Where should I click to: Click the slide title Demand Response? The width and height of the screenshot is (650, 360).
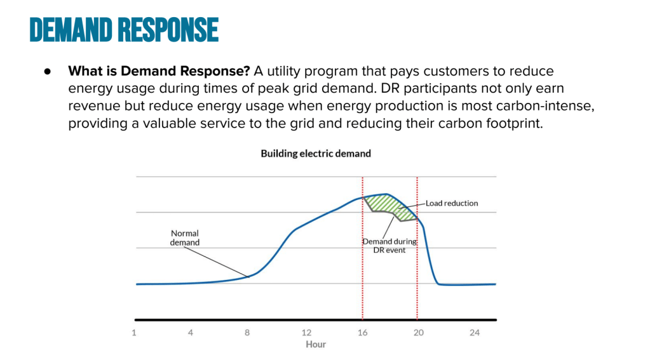tap(124, 29)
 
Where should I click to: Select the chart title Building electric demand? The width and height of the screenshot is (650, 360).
tap(316, 154)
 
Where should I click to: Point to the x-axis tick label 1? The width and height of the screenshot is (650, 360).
tap(134, 333)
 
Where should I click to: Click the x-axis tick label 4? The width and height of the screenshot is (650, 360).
tap(190, 333)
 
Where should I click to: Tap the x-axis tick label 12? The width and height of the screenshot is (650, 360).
tap(306, 333)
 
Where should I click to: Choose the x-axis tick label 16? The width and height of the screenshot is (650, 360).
tap(363, 333)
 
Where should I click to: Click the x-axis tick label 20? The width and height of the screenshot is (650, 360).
tap(417, 333)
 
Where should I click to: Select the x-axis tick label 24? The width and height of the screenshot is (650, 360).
tap(474, 333)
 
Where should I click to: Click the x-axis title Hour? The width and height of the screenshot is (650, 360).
tap(316, 344)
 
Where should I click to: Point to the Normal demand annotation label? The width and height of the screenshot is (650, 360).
tap(184, 238)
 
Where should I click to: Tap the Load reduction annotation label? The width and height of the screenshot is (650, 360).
tap(452, 203)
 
